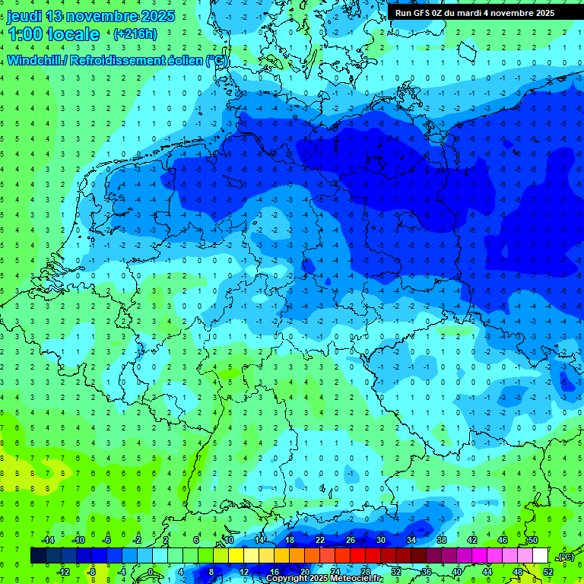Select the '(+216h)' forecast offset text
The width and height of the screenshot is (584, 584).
pyautogui.click(x=135, y=34)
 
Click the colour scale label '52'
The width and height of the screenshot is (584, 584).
pyautogui.click(x=547, y=572)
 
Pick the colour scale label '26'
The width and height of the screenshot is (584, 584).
pyautogui.click(x=351, y=540)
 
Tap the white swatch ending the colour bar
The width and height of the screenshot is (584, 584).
pyautogui.click(x=540, y=556)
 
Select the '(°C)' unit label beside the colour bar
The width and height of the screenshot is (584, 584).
pyautogui.click(x=565, y=557)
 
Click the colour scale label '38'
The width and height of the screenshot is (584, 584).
pyautogui.click(x=442, y=540)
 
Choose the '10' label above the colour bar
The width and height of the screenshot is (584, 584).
pyautogui.click(x=229, y=540)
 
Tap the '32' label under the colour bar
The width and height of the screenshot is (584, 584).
pyautogui.click(x=396, y=572)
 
